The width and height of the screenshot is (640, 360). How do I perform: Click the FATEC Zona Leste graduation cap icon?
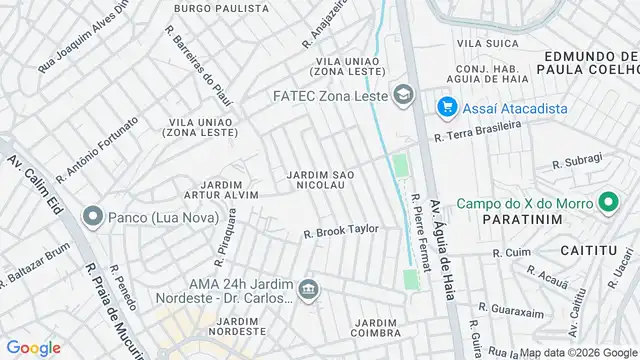[404, 96]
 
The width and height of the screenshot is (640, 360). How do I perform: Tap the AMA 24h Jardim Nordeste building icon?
[309, 291]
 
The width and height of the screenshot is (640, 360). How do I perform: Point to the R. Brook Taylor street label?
[341, 230]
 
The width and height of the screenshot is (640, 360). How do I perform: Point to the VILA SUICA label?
[483, 44]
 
